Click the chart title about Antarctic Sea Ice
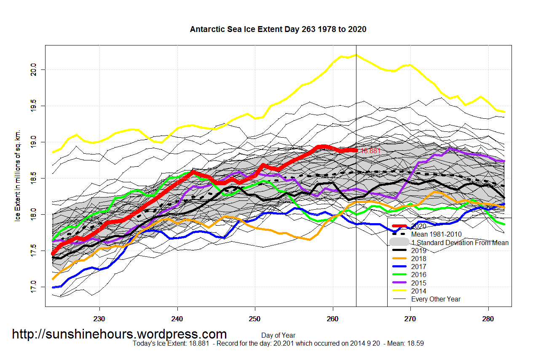point(278,29)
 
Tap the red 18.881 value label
point(370,150)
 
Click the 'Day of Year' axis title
point(278,336)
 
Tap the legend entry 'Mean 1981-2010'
point(436,234)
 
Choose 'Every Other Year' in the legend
point(436,299)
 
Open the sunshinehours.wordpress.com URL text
point(119,334)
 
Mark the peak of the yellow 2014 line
point(356,55)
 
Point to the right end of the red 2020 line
point(356,150)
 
